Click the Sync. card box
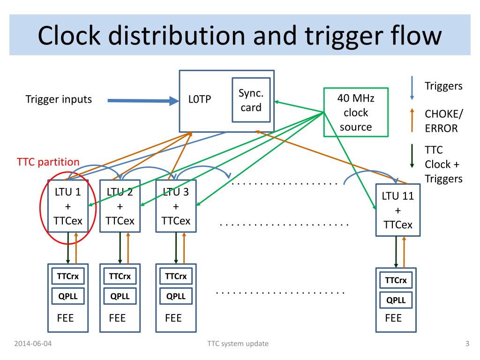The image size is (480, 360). (x=251, y=100)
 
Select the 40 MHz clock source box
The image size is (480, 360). (x=356, y=112)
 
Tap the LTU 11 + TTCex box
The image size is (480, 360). (x=397, y=210)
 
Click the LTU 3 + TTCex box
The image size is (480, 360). (x=176, y=206)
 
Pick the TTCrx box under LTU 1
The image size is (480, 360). (x=68, y=277)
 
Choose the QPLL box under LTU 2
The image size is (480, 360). (x=120, y=296)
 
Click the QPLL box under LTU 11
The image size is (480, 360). (x=396, y=300)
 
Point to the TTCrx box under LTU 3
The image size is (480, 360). (x=176, y=277)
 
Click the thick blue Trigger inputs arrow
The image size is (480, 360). (x=140, y=100)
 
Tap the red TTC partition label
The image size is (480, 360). (x=48, y=162)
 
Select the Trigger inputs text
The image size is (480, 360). (x=59, y=99)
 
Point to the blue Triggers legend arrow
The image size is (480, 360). (x=412, y=88)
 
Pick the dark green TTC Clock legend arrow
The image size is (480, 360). (x=412, y=156)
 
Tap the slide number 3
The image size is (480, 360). (x=467, y=344)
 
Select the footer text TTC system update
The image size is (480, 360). (x=238, y=344)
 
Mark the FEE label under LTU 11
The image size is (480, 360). (x=393, y=318)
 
